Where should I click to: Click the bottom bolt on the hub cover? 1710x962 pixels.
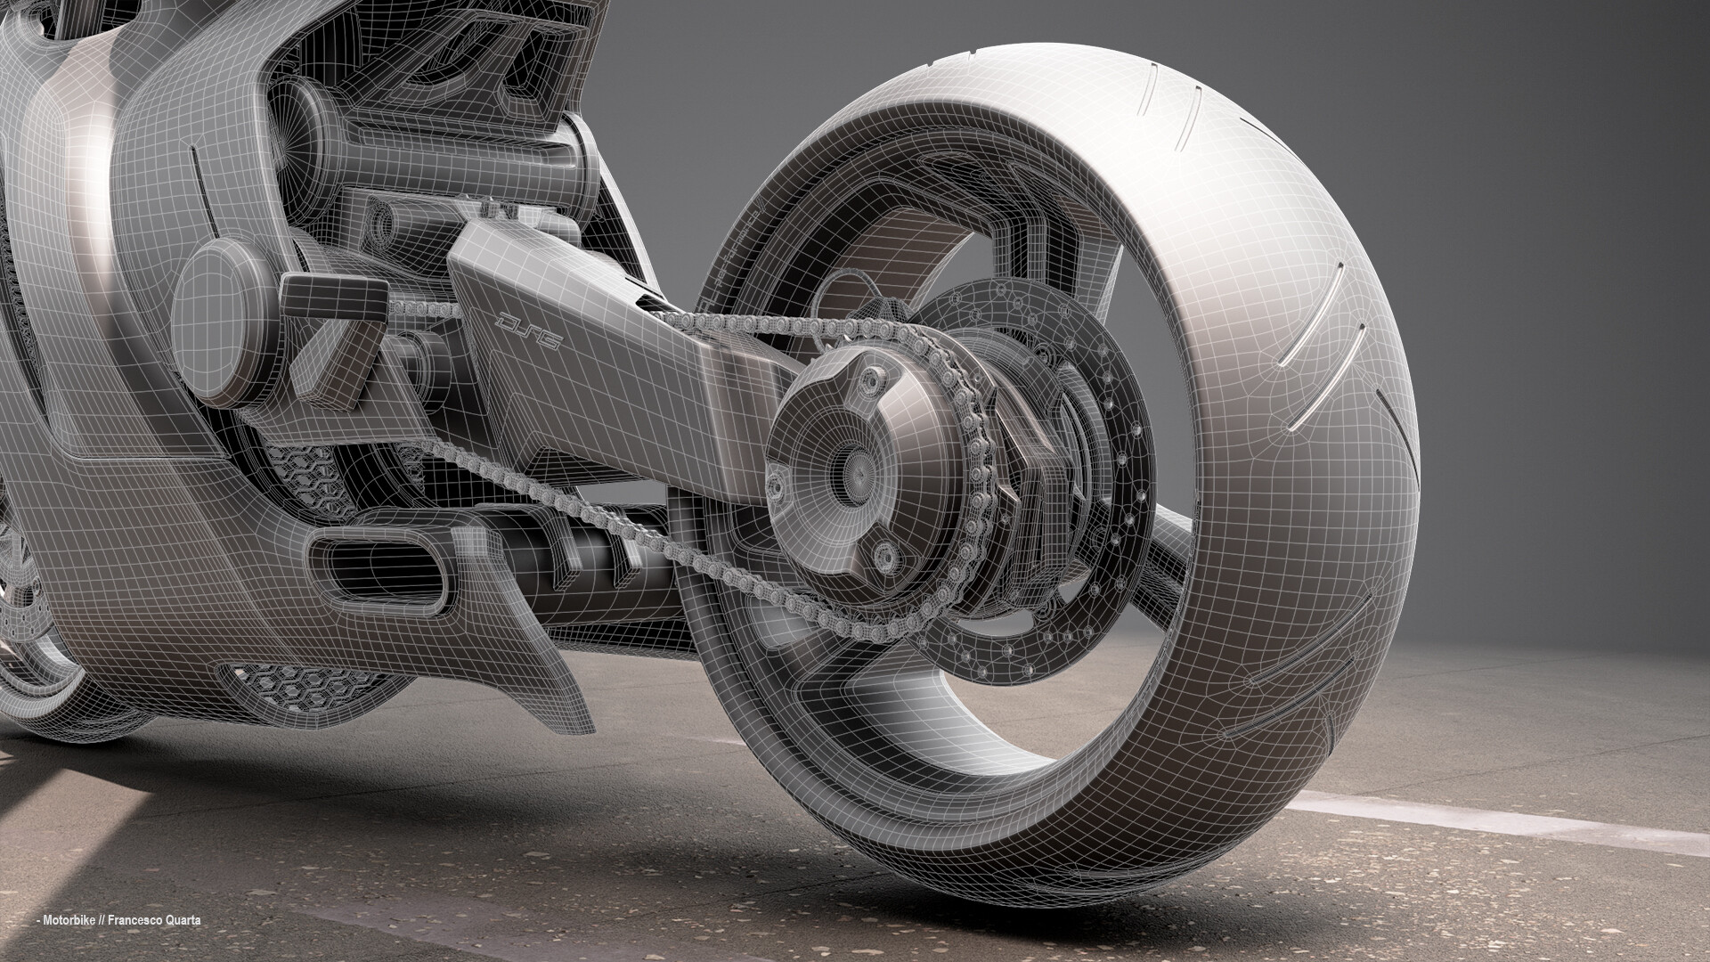pos(884,557)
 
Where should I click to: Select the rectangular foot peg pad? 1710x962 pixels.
pos(334,291)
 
